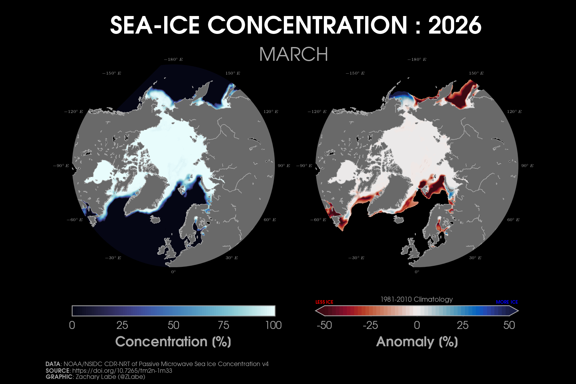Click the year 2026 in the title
pyautogui.click(x=455, y=25)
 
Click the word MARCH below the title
pyautogui.click(x=293, y=54)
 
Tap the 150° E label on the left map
pyautogui.click(x=233, y=73)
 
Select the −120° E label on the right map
pyautogui.click(x=317, y=112)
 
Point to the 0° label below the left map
pyautogui.click(x=173, y=272)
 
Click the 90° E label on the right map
pyautogui.click(x=527, y=166)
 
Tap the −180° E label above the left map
pyautogui.click(x=173, y=60)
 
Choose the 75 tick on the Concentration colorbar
pyautogui.click(x=223, y=325)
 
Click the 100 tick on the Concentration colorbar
pyautogui.click(x=273, y=325)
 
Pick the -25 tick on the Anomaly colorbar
pyautogui.click(x=370, y=325)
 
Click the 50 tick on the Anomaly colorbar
pyautogui.click(x=509, y=325)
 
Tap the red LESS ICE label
pyautogui.click(x=324, y=302)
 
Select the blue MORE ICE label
pyautogui.click(x=507, y=302)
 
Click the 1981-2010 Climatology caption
pyautogui.click(x=416, y=300)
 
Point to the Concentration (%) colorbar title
pyautogui.click(x=173, y=342)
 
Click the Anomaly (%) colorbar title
pyautogui.click(x=417, y=342)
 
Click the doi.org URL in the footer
pyautogui.click(x=122, y=371)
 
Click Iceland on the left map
pyautogui.click(x=155, y=220)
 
